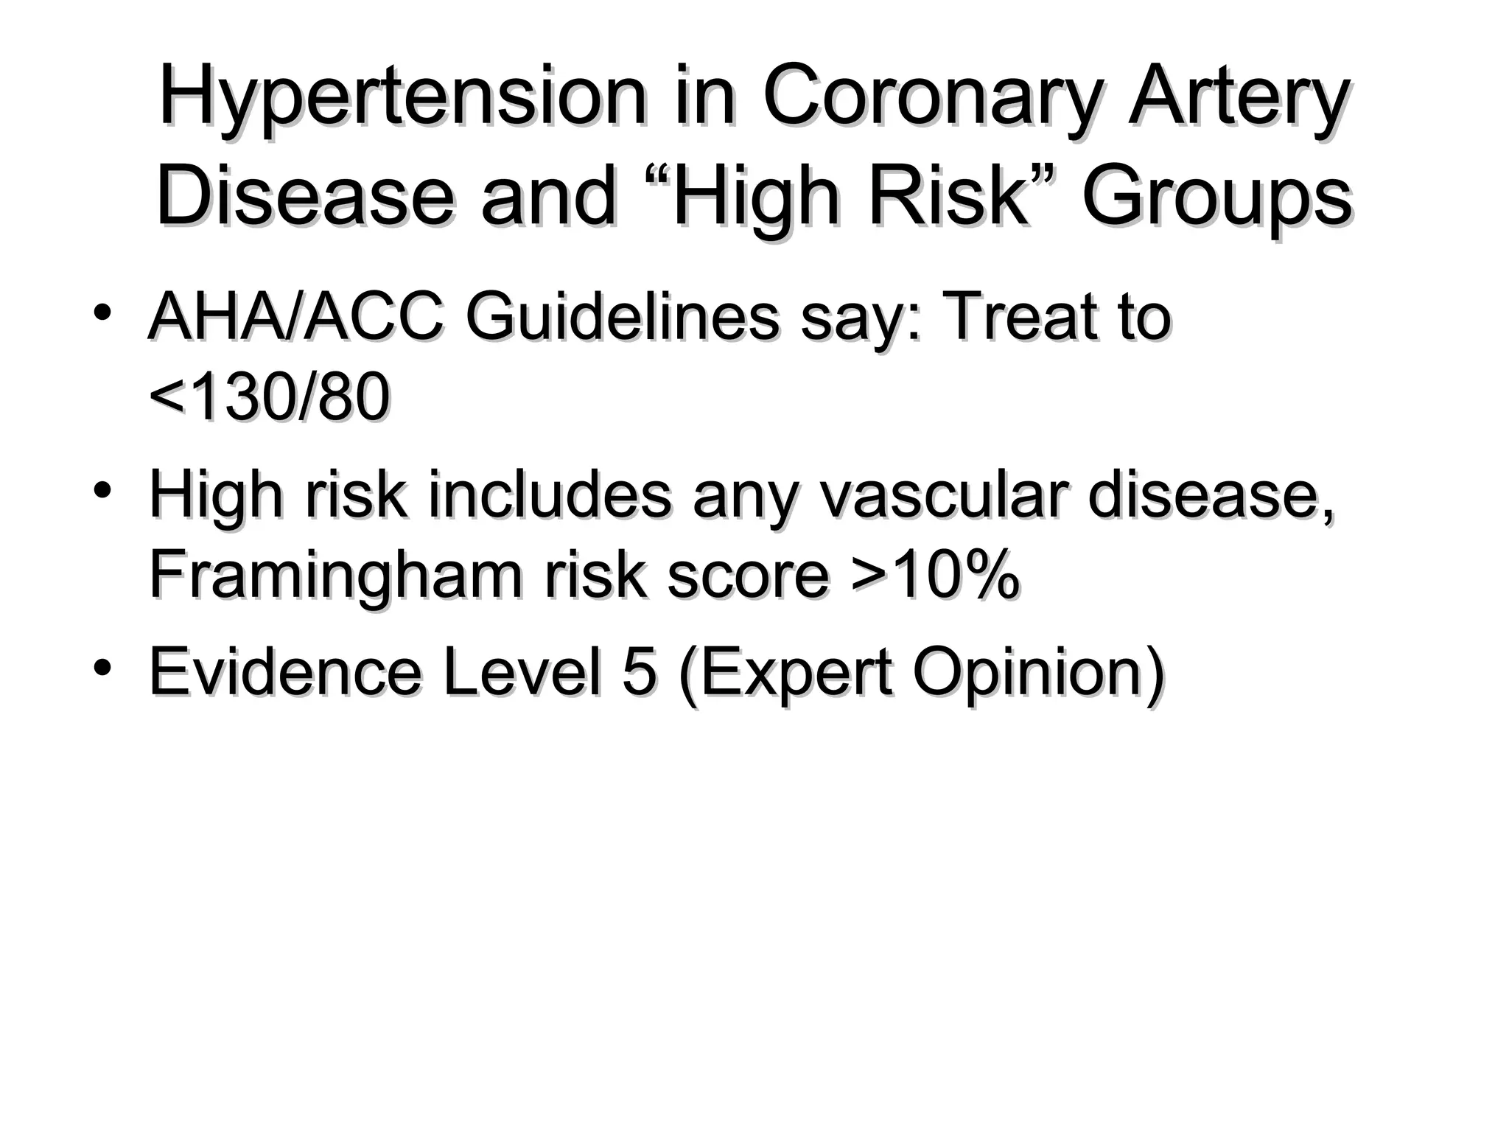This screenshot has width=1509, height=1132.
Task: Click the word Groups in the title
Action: coord(1216,198)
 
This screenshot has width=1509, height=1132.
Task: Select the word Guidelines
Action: coord(622,318)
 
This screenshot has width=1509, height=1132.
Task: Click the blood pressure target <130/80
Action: coord(270,398)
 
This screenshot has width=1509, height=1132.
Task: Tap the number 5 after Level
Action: coord(638,672)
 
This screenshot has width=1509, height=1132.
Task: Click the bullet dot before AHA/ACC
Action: coord(102,311)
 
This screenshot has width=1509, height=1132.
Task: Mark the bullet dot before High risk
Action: coord(102,489)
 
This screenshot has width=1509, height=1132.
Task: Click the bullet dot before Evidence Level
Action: coord(102,666)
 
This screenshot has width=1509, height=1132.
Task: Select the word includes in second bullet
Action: coord(550,495)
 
